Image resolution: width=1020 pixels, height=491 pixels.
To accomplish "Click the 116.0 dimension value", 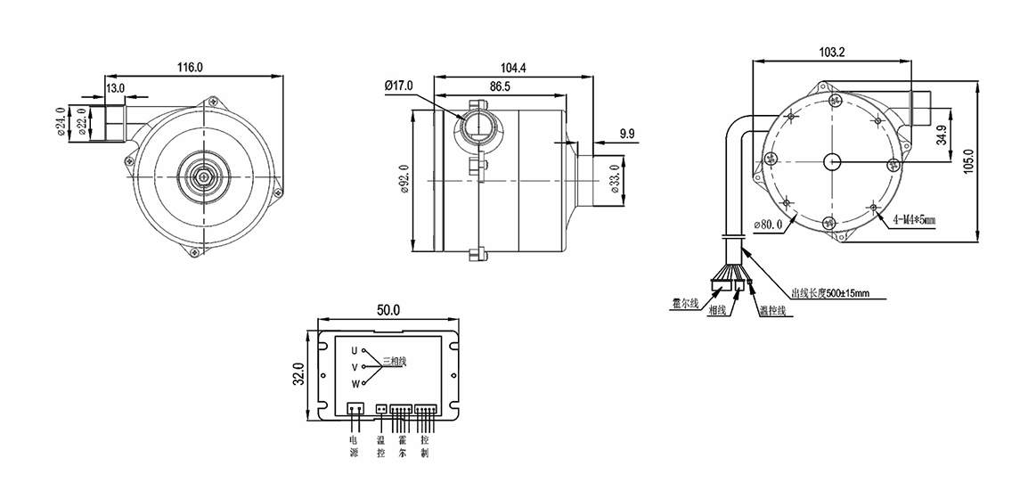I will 190,67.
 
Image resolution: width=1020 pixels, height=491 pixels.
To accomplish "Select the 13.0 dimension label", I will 116,89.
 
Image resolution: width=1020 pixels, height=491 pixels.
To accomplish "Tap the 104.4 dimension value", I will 513,68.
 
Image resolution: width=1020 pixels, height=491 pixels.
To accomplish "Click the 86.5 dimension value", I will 500,86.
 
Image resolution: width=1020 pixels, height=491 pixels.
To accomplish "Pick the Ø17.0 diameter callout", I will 399,86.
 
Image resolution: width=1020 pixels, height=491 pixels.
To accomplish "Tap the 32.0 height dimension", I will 299,374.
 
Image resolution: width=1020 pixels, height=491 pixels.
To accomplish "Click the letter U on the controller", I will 354,350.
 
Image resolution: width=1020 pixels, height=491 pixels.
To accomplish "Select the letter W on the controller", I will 355,384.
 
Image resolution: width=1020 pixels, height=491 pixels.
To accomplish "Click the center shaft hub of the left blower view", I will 204,176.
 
